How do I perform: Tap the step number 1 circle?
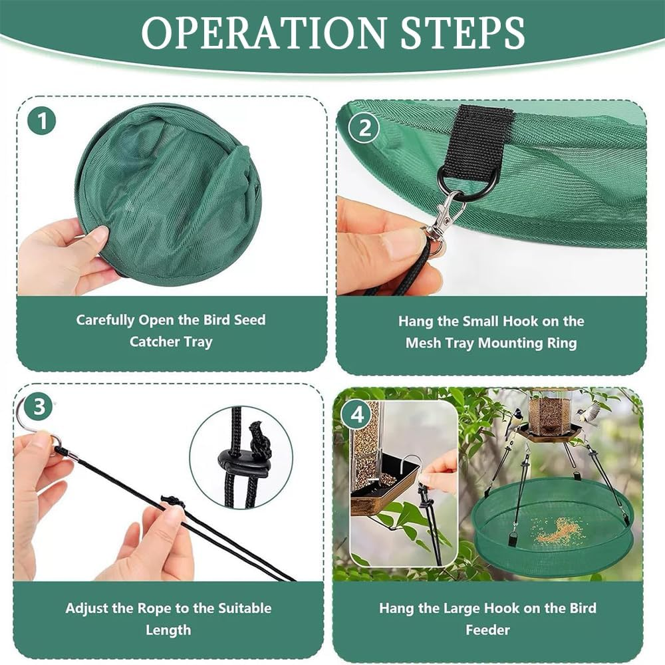tap(42, 122)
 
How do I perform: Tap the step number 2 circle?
tap(364, 128)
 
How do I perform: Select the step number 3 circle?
tap(39, 407)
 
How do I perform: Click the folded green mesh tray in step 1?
tap(170, 193)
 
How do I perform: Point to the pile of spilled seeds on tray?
tap(557, 529)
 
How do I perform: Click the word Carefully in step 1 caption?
tap(105, 320)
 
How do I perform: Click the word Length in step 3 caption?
tap(168, 630)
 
